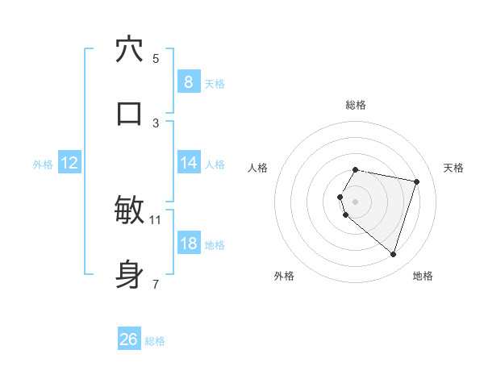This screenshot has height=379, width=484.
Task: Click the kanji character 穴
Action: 129,49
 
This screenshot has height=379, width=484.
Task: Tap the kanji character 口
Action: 129,114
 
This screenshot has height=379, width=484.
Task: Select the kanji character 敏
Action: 129,210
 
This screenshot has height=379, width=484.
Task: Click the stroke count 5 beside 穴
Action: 156,58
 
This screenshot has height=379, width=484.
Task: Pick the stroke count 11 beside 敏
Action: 156,219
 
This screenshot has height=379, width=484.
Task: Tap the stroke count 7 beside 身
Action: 156,284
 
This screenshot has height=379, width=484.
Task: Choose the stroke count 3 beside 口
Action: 156,123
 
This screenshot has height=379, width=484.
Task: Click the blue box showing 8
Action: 188,81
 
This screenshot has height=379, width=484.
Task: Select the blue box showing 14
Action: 188,163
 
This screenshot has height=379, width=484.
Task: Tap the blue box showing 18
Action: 188,244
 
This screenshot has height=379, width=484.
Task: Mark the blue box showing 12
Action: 69,163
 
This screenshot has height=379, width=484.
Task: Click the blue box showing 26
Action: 129,339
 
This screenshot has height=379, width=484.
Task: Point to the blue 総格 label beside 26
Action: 155,341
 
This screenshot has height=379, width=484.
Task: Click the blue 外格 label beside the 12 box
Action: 43,165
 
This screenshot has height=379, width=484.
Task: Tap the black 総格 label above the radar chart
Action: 356,105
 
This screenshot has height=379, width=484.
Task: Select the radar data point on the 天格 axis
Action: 416,181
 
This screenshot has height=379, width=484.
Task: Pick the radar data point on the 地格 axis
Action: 393,254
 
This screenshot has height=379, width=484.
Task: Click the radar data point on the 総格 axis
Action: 356,169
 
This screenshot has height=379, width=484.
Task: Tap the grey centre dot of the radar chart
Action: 356,201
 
